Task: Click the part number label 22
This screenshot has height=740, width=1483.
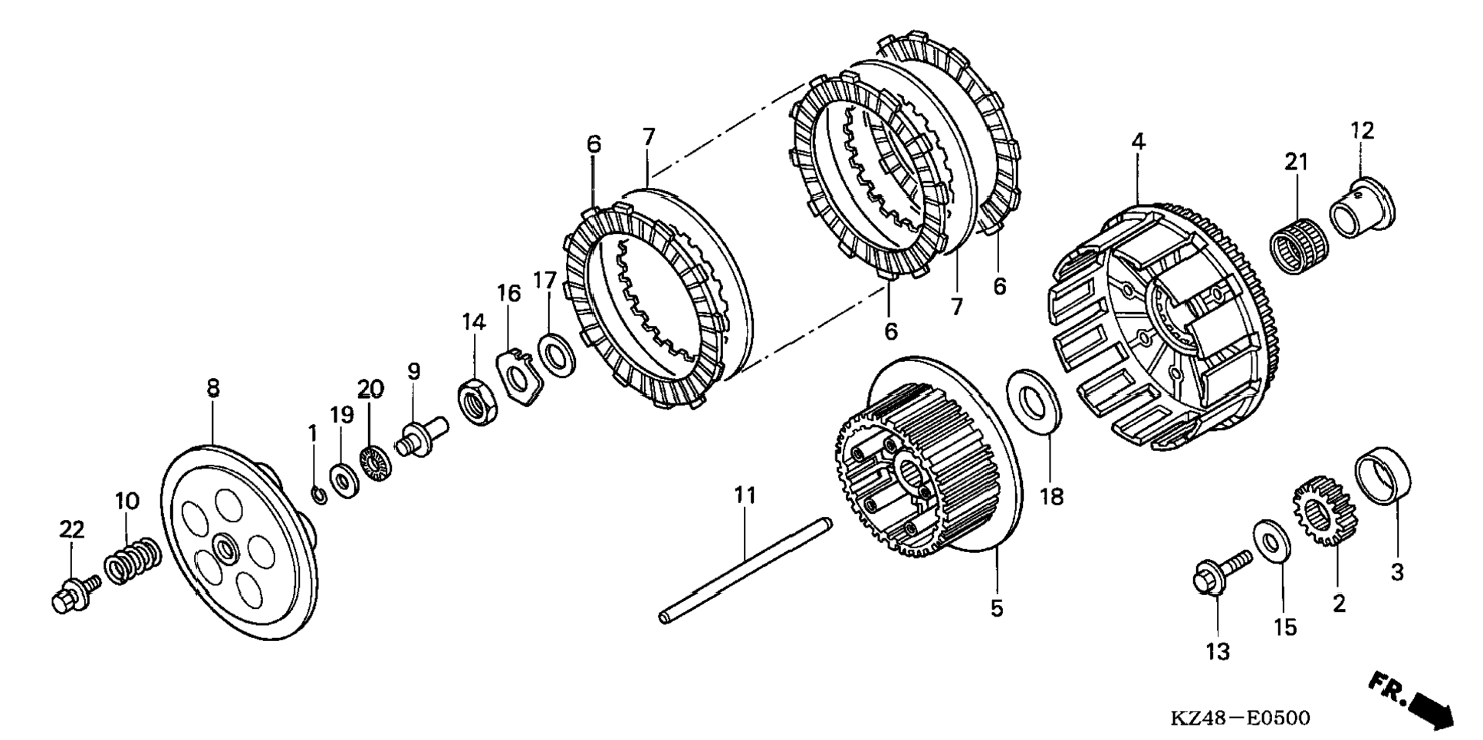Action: click(71, 529)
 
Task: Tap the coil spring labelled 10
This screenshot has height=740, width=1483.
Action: click(133, 562)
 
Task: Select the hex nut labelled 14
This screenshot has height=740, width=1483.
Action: click(478, 401)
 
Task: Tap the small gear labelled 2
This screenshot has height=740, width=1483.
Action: click(1325, 510)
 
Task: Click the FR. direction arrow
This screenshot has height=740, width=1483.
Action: click(1412, 698)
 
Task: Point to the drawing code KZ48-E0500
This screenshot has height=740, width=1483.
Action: click(1240, 718)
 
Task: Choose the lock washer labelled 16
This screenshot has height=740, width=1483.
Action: click(519, 376)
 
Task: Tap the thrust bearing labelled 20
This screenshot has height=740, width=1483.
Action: click(376, 464)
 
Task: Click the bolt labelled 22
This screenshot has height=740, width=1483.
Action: click(74, 594)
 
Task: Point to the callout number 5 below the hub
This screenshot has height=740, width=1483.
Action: click(996, 608)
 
